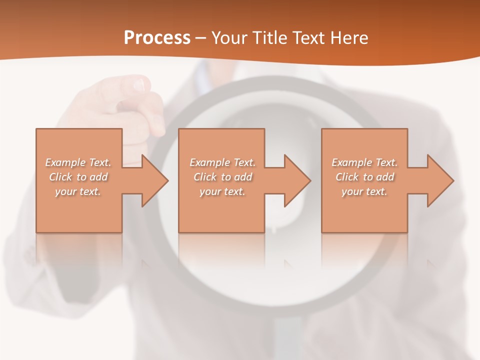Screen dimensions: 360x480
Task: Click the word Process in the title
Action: pos(157,38)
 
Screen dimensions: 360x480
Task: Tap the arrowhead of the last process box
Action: pos(439,180)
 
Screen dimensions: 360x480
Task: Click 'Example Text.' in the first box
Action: pos(78,162)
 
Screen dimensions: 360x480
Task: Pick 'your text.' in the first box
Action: pos(78,191)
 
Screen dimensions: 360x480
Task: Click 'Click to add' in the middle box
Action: pos(222,177)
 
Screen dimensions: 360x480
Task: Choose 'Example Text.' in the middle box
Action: pos(222,162)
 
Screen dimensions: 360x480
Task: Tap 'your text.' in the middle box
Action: pos(222,191)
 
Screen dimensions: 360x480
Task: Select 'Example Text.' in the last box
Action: pos(364,162)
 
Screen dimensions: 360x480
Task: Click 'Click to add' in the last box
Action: pos(364,177)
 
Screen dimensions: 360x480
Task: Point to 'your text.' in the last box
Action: pos(364,191)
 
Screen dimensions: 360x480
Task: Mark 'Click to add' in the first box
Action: pos(78,177)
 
